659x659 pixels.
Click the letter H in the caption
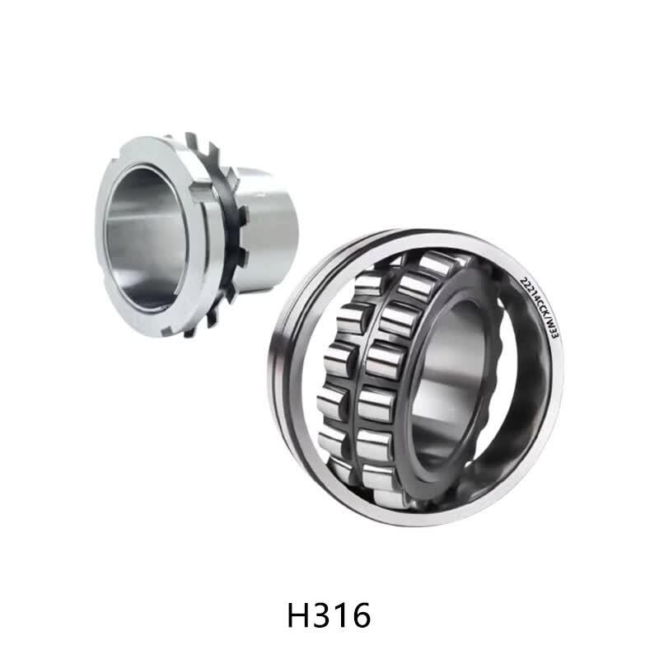[x=298, y=615]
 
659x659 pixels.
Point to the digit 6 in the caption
[x=361, y=615]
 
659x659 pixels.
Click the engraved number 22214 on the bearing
[x=529, y=290]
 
